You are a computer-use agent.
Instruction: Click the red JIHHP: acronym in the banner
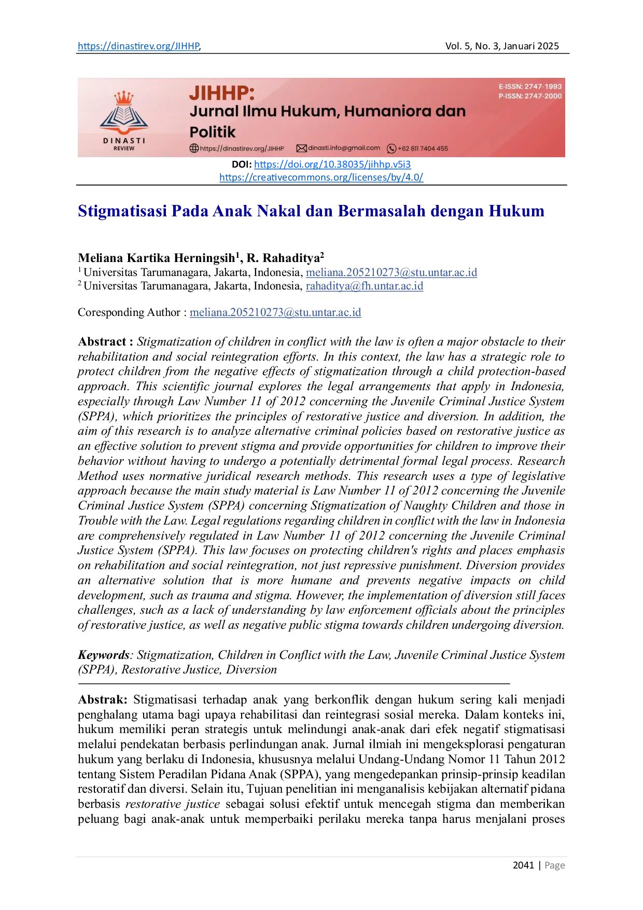click(222, 93)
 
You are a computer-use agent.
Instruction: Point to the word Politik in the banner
click(213, 132)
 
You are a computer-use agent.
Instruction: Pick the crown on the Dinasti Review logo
click(124, 98)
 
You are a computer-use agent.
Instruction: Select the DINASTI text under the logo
click(124, 141)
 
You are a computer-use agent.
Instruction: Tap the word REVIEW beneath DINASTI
click(124, 148)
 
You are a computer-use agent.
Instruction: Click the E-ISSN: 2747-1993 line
click(530, 87)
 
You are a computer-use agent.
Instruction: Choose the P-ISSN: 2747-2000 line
click(530, 96)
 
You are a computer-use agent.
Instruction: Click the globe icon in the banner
click(194, 148)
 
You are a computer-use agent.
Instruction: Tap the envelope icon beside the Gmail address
click(301, 148)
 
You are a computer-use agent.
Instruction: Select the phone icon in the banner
click(392, 149)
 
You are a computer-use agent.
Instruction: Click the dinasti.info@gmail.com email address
click(344, 148)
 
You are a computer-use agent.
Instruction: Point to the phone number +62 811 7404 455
click(423, 148)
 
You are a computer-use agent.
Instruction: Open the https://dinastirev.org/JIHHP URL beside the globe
click(242, 148)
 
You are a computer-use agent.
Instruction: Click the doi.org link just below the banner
click(332, 164)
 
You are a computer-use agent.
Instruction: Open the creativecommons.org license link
click(321, 177)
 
